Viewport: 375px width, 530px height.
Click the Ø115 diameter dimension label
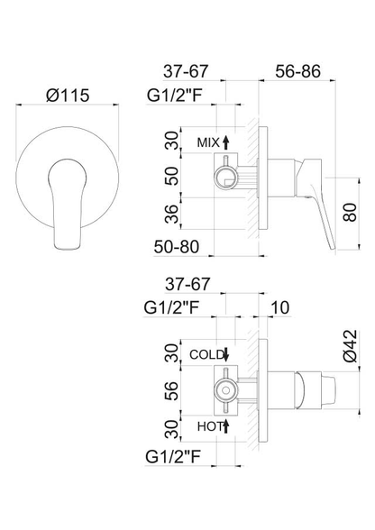[x=68, y=95]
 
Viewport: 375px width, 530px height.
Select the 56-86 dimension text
[x=297, y=71]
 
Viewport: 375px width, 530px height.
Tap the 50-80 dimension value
[x=177, y=247]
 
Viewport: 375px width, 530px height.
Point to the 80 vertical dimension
[x=350, y=213]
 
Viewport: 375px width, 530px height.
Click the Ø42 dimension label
[x=350, y=346]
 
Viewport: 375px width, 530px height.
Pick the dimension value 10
[x=280, y=307]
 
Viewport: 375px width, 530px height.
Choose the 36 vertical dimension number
[x=171, y=214]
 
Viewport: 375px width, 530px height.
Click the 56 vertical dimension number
[x=172, y=391]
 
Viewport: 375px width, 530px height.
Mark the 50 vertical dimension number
[x=171, y=176]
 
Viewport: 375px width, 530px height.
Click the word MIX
[x=208, y=142]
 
